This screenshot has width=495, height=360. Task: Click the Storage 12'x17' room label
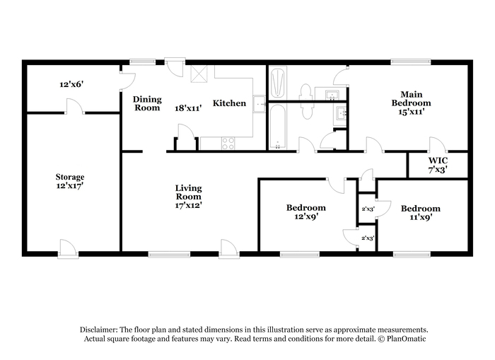pyautogui.click(x=70, y=181)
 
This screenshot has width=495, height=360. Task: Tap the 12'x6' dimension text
pyautogui.click(x=71, y=84)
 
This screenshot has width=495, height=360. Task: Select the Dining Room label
pyautogui.click(x=147, y=103)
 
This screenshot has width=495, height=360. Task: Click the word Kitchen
pyautogui.click(x=229, y=103)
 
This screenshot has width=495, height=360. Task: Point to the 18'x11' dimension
pyautogui.click(x=188, y=108)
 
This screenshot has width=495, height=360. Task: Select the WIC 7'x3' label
pyautogui.click(x=438, y=166)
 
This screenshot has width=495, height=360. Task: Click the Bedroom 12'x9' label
pyautogui.click(x=306, y=212)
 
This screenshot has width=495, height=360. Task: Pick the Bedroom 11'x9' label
pyautogui.click(x=421, y=212)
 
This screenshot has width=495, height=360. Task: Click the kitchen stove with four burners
pyautogui.click(x=228, y=144)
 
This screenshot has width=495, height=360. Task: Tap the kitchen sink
pyautogui.click(x=260, y=103)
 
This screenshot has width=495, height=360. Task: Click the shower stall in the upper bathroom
pyautogui.click(x=278, y=83)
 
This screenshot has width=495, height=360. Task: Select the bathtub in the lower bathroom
pyautogui.click(x=278, y=127)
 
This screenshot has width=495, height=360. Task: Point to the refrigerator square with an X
pyautogui.click(x=199, y=74)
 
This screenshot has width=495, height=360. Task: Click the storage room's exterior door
pyautogui.click(x=68, y=249)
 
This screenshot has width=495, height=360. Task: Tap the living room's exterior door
pyautogui.click(x=229, y=249)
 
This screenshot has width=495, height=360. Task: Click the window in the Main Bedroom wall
pyautogui.click(x=411, y=62)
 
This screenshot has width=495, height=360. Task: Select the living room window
pyautogui.click(x=170, y=254)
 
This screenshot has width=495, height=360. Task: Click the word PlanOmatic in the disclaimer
pyautogui.click(x=407, y=339)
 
